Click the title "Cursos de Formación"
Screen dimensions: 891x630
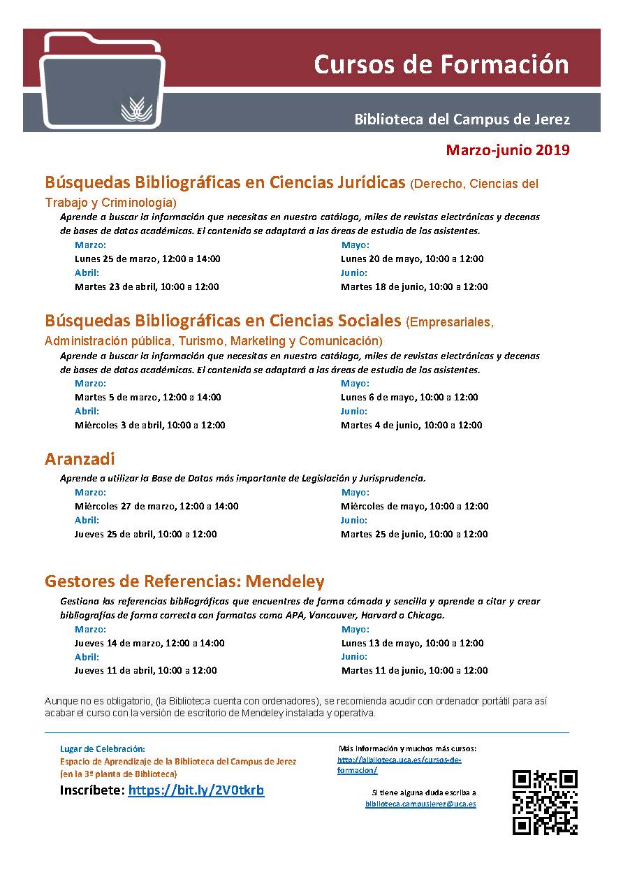click(x=441, y=64)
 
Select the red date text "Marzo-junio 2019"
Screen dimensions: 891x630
click(x=508, y=150)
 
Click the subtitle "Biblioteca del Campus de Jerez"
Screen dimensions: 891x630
click(x=462, y=119)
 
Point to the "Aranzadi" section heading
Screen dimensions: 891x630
click(x=80, y=459)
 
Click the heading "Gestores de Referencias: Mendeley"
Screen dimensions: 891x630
click(x=184, y=581)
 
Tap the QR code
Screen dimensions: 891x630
click(x=545, y=802)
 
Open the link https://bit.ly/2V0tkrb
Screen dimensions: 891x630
click(x=196, y=790)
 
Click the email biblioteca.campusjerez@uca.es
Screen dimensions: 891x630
click(x=420, y=804)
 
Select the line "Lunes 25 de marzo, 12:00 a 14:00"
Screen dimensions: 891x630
click(x=147, y=259)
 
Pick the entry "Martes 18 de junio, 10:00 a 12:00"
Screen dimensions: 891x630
click(x=414, y=287)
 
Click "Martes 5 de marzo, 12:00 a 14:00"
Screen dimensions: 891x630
click(x=147, y=397)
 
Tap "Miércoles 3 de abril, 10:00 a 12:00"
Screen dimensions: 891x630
click(x=149, y=425)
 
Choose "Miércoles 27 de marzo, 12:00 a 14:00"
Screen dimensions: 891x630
click(x=156, y=506)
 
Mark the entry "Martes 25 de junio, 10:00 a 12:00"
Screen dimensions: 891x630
click(x=414, y=534)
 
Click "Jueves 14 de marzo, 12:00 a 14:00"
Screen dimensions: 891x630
click(x=149, y=643)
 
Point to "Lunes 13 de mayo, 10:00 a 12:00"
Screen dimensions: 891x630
click(x=412, y=643)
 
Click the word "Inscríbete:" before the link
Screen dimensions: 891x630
click(x=92, y=790)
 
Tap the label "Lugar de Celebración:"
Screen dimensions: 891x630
click(x=103, y=748)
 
